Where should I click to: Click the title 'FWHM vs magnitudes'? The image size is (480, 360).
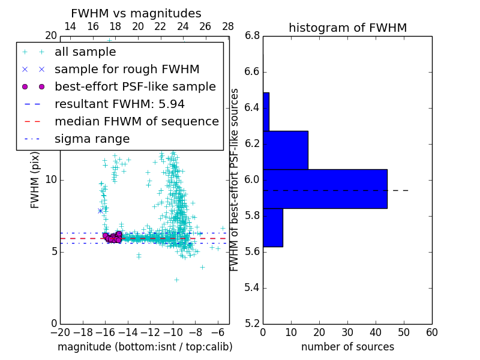pyautogui.click(x=136, y=14)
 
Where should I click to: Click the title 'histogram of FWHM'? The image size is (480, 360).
pyautogui.click(x=347, y=28)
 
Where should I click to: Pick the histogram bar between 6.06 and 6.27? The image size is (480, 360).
pyautogui.click(x=285, y=150)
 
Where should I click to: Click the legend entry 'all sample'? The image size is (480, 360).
pyautogui.click(x=85, y=52)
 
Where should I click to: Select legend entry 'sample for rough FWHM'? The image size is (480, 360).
pyautogui.click(x=127, y=70)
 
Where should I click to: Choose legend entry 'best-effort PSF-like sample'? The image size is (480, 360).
pyautogui.click(x=135, y=87)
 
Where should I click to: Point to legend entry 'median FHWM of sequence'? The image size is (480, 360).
pyautogui.click(x=136, y=122)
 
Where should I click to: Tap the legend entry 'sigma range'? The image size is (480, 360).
pyautogui.click(x=92, y=139)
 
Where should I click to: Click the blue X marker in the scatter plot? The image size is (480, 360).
pyautogui.click(x=100, y=211)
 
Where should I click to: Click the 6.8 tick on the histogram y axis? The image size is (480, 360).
pyautogui.click(x=252, y=36)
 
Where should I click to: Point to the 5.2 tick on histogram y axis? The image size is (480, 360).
pyautogui.click(x=252, y=323)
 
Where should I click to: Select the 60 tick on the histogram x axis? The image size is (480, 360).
pyautogui.click(x=431, y=332)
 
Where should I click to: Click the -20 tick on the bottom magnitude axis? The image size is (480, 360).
pyautogui.click(x=60, y=332)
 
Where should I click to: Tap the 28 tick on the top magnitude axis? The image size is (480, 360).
pyautogui.click(x=228, y=26)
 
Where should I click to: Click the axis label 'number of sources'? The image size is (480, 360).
pyautogui.click(x=347, y=347)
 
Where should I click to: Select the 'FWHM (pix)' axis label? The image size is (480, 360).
pyautogui.click(x=35, y=180)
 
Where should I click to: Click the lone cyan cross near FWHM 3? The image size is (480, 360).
pyautogui.click(x=176, y=280)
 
